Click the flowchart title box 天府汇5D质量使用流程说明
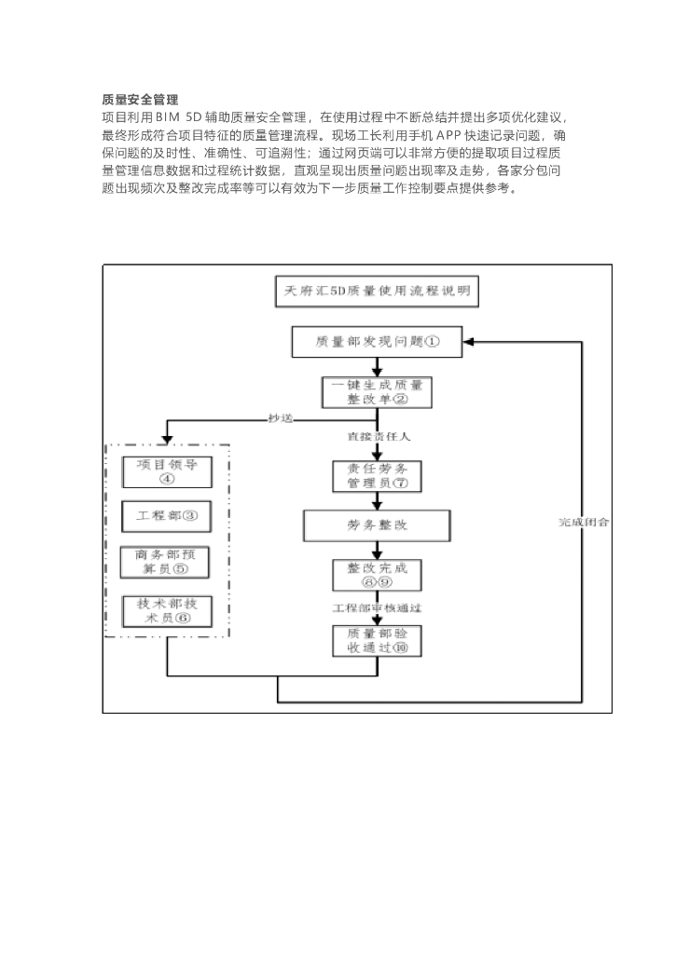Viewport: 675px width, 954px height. click(x=377, y=291)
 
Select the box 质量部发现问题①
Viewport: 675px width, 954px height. click(x=377, y=342)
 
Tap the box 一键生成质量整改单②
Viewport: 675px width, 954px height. click(x=377, y=391)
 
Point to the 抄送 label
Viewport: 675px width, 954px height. click(x=281, y=418)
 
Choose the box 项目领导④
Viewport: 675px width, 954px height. click(x=168, y=471)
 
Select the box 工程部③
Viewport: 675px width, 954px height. click(x=168, y=514)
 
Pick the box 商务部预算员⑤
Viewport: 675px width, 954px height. click(x=168, y=562)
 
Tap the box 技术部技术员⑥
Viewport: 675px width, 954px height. click(x=168, y=610)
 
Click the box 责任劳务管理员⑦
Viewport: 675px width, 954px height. click(x=377, y=476)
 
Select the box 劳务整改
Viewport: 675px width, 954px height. click(x=377, y=525)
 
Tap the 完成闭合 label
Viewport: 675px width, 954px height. click(x=585, y=522)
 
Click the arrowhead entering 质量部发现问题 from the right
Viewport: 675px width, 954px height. click(x=471, y=342)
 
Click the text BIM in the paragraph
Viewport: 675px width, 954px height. click(x=170, y=117)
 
